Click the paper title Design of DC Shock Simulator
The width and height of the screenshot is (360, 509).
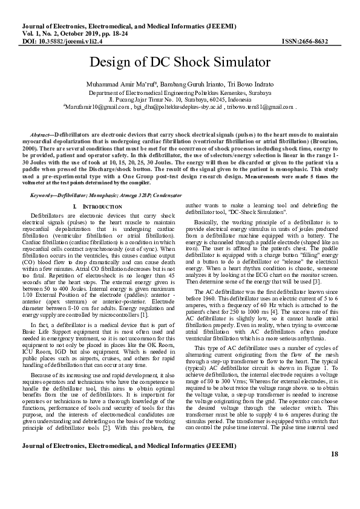tap(180, 63)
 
